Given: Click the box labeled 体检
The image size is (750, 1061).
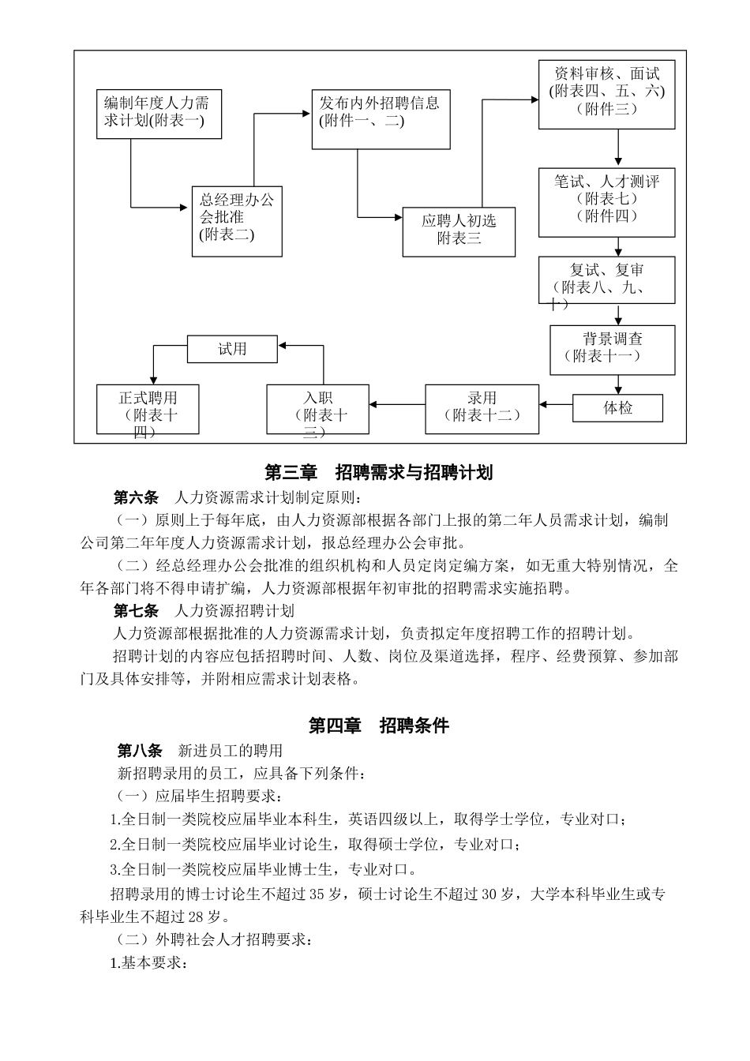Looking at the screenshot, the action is (x=617, y=408).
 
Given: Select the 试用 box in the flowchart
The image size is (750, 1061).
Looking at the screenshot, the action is (x=232, y=349).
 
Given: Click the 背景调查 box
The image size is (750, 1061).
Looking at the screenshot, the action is (x=612, y=349).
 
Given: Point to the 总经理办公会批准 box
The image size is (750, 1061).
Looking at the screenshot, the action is (x=237, y=222).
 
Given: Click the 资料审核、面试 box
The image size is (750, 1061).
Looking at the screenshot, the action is (x=606, y=94).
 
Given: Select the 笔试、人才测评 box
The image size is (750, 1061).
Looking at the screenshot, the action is (x=606, y=201).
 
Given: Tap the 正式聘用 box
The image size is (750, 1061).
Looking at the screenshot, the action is (x=148, y=408).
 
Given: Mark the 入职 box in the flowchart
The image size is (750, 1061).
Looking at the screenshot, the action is (x=317, y=408).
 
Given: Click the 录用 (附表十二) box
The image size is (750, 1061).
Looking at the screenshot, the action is (x=482, y=408).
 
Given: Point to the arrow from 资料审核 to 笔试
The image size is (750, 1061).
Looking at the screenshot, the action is (x=618, y=148).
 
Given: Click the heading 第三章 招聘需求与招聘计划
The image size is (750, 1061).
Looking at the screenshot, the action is (x=379, y=472).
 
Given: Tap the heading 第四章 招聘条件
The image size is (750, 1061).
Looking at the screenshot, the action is (x=378, y=725).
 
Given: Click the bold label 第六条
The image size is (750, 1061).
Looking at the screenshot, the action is (x=136, y=497).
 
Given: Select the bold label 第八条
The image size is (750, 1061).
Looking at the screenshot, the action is (x=140, y=750).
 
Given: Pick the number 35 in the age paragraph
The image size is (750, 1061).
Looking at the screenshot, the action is (x=317, y=894).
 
